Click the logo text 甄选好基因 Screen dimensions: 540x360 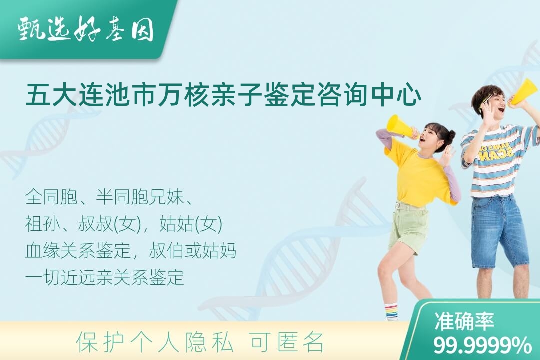pyautogui.click(x=86, y=30)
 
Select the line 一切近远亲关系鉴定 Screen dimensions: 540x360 pyautogui.click(x=104, y=277)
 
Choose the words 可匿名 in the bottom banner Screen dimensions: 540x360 pyautogui.click(x=287, y=342)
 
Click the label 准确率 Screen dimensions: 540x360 pyautogui.click(x=464, y=321)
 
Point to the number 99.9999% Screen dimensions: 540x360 pyautogui.click(x=482, y=345)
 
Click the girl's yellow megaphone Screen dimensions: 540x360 pyautogui.click(x=400, y=128)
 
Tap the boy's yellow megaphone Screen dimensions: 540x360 pyautogui.click(x=525, y=92)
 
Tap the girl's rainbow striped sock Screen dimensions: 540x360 pyautogui.click(x=391, y=312)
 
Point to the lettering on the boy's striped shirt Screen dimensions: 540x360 pyautogui.click(x=496, y=152)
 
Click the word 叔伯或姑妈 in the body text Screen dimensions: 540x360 pyautogui.click(x=193, y=251)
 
